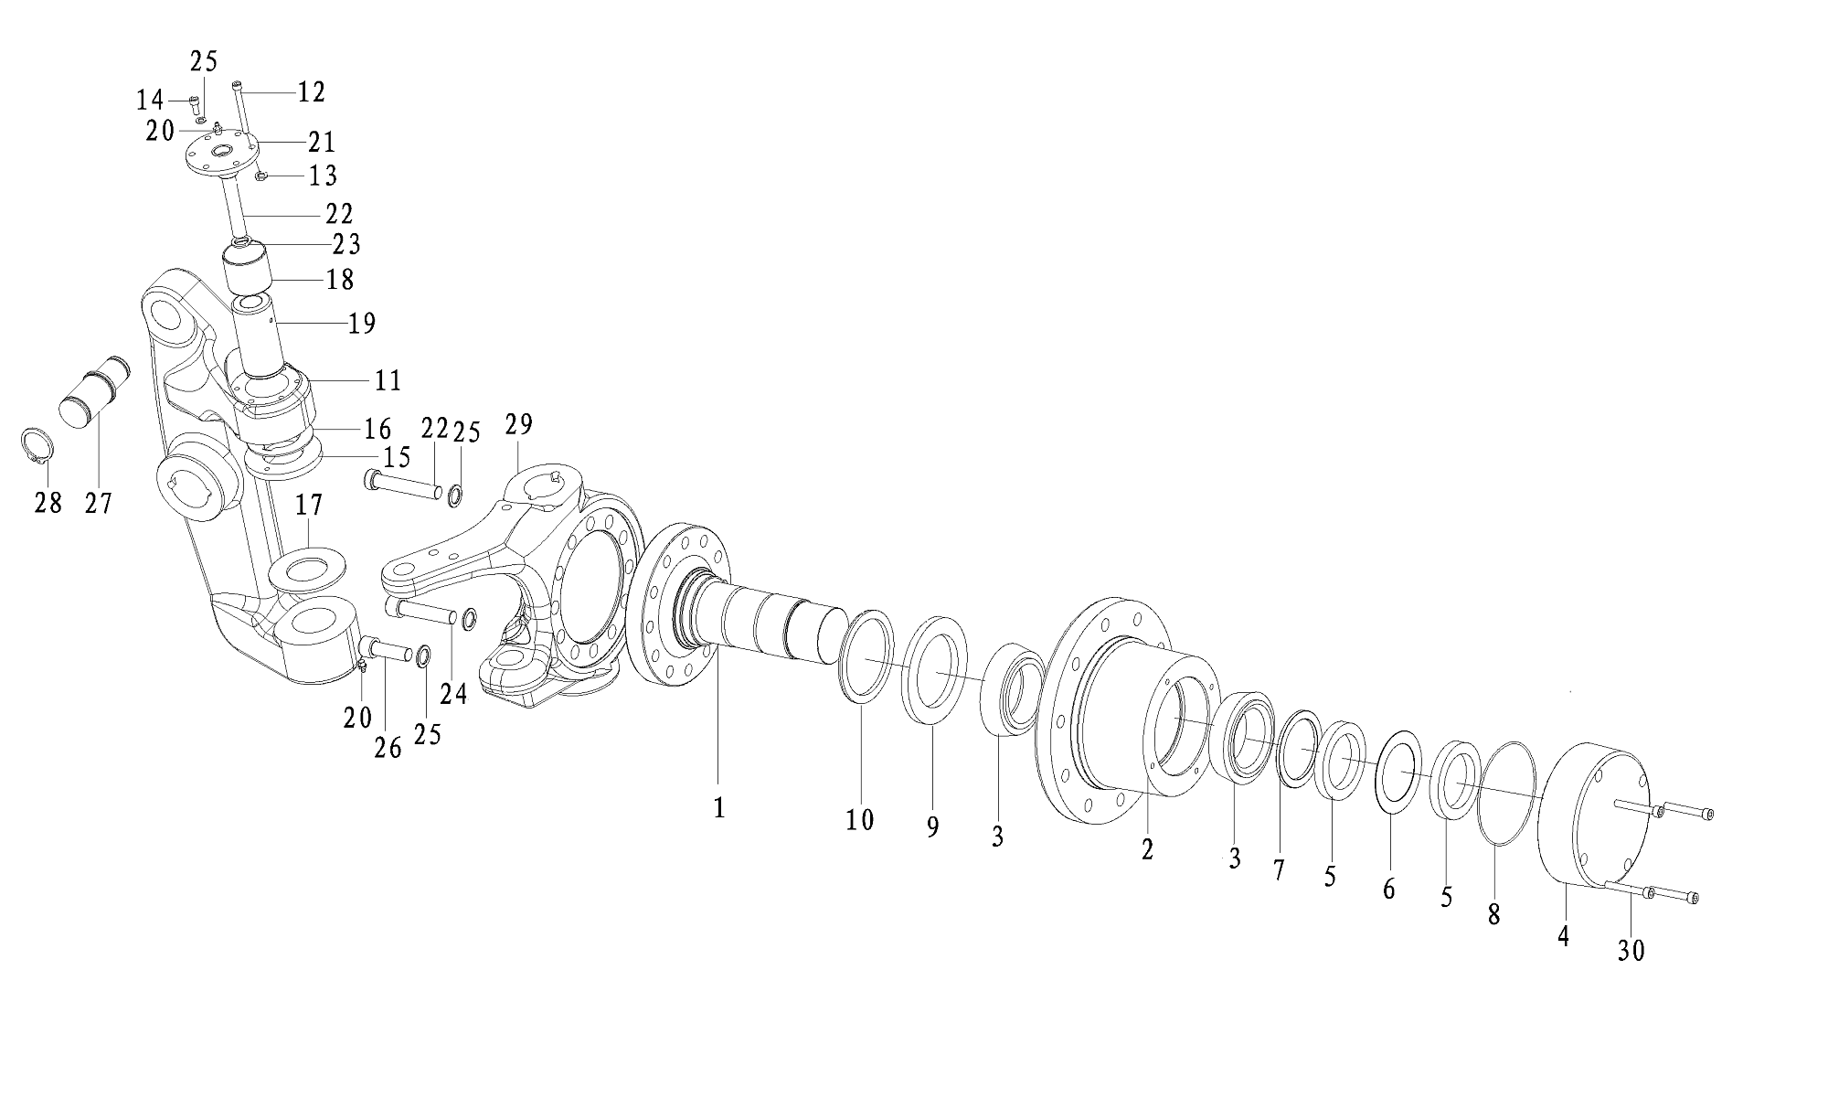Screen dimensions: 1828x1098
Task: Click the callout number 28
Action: click(x=48, y=502)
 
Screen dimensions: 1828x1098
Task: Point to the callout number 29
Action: click(x=518, y=425)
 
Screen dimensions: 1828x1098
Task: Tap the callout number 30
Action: click(x=1631, y=951)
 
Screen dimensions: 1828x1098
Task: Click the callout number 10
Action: click(x=859, y=820)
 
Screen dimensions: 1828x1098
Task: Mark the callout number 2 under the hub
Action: click(x=1147, y=849)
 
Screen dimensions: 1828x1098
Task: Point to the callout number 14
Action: click(x=150, y=100)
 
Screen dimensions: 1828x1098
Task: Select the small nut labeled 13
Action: click(x=260, y=176)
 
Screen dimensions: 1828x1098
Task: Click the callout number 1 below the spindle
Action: click(x=719, y=808)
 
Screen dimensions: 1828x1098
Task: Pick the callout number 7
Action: click(x=1278, y=870)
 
